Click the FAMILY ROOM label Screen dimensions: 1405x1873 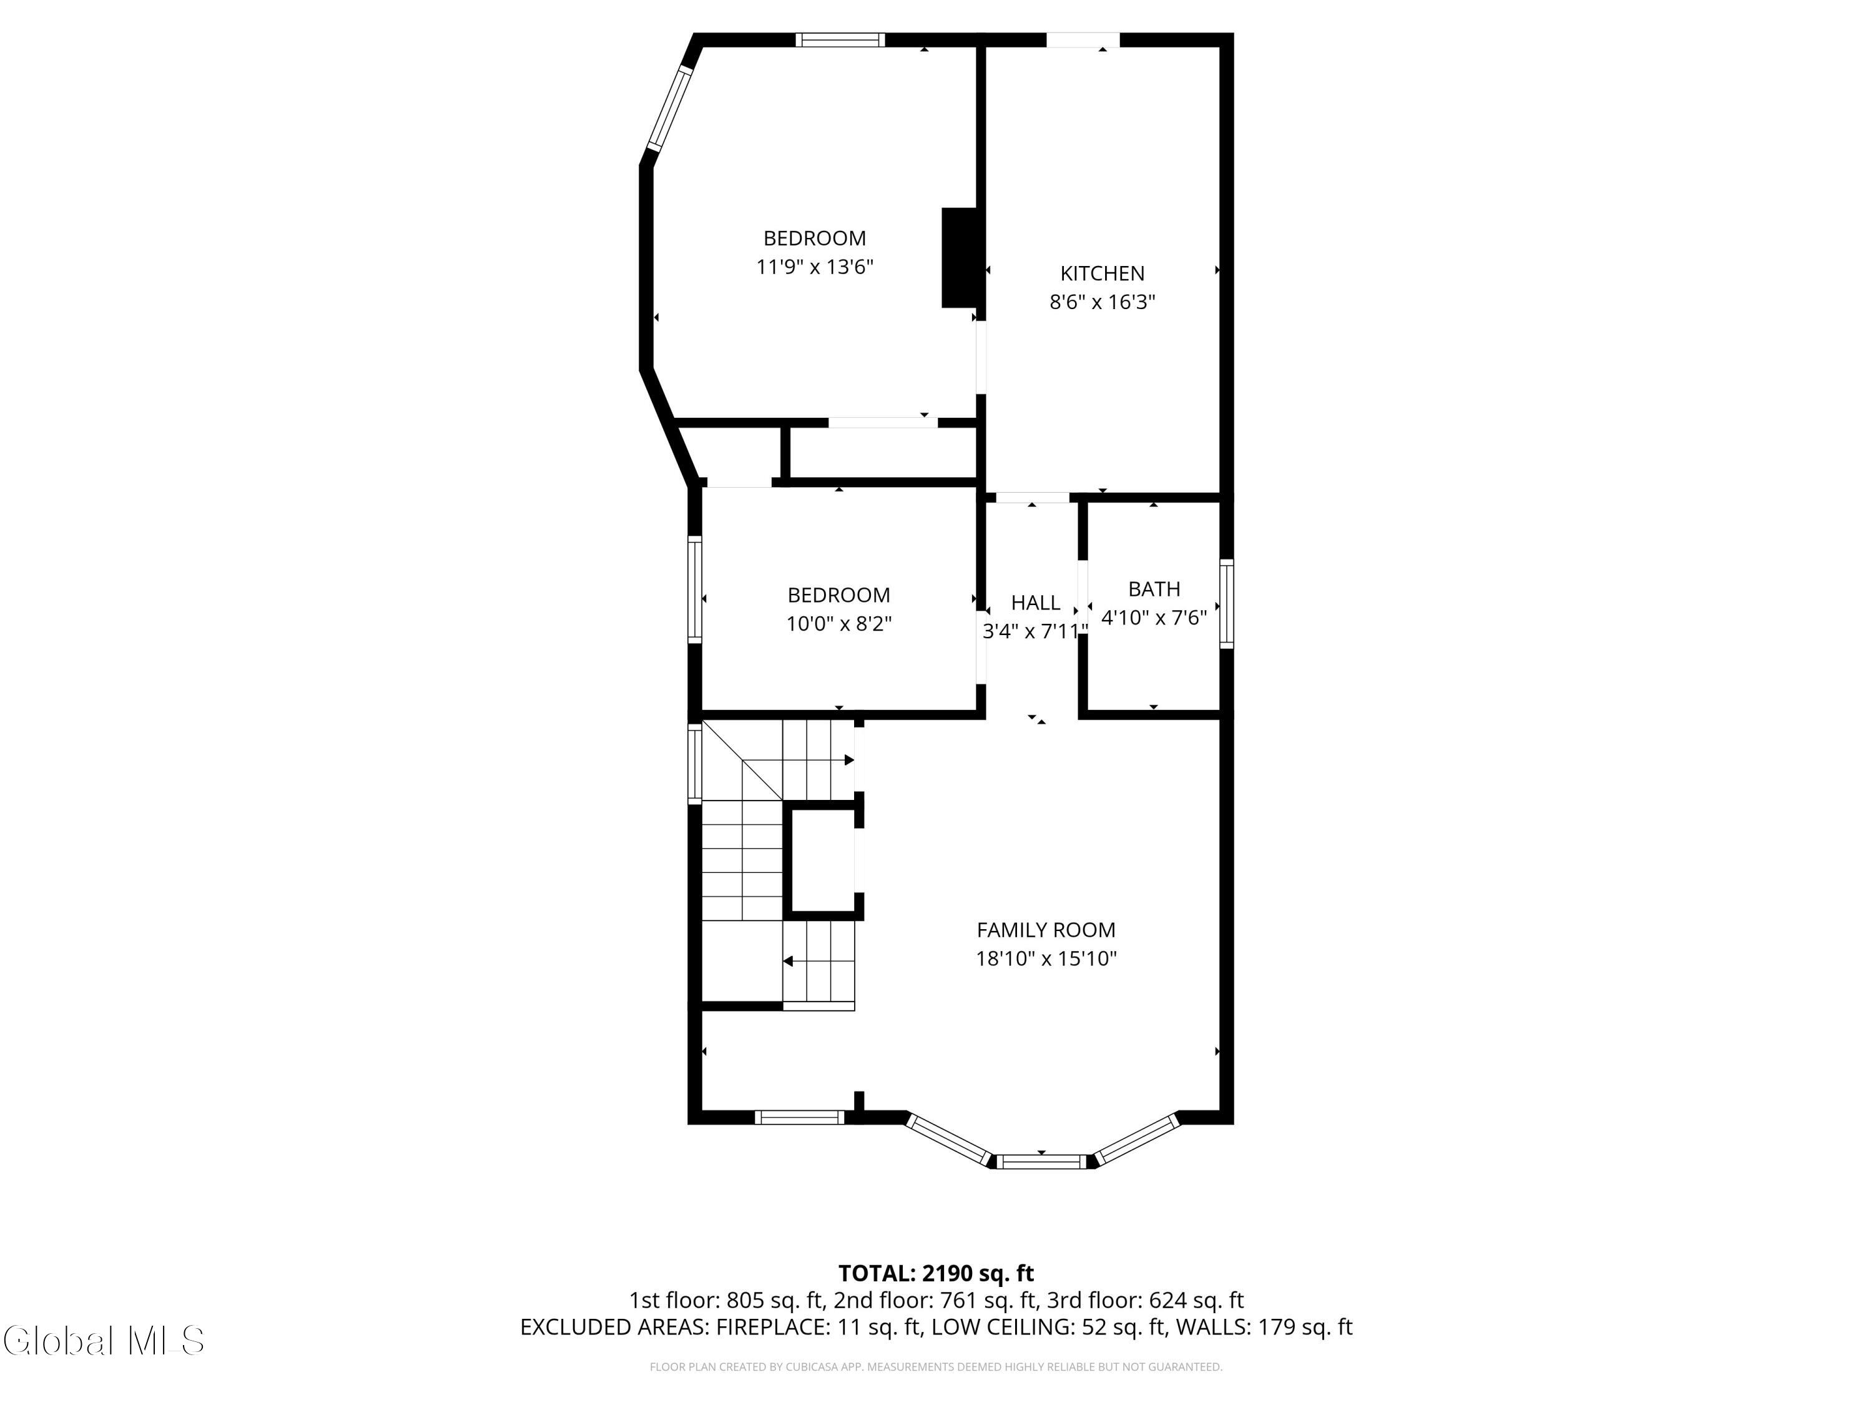1046,930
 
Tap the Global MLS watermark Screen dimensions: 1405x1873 103,1341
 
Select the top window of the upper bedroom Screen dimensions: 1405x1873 839,40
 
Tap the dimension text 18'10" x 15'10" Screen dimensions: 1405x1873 1046,959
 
